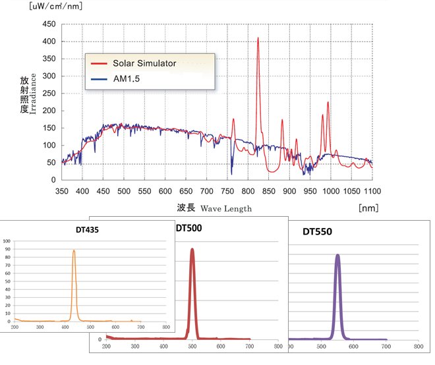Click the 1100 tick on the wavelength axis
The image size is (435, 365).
click(x=372, y=191)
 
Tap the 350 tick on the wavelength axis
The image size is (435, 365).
click(x=62, y=191)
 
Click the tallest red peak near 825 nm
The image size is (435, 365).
click(x=258, y=38)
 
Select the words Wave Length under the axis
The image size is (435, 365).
click(x=226, y=208)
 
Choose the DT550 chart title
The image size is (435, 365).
click(x=316, y=232)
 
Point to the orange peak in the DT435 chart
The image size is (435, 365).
click(x=74, y=250)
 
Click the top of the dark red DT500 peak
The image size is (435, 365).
click(x=192, y=250)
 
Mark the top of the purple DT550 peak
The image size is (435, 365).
click(x=337, y=255)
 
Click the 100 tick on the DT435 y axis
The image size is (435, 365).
click(x=7, y=242)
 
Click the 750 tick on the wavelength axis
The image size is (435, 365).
click(x=227, y=191)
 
